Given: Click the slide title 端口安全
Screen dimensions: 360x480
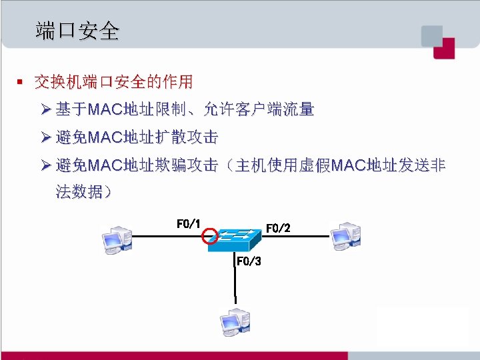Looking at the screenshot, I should [x=77, y=31].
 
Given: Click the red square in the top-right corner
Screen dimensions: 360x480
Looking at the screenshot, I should [x=444, y=49].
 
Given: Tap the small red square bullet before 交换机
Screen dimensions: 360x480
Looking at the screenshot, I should [x=20, y=83].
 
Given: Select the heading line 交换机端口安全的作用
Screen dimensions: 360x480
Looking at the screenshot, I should [x=113, y=83].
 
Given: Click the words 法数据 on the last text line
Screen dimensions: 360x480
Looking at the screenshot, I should [x=79, y=193].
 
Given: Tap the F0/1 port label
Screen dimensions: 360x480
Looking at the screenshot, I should [x=189, y=223].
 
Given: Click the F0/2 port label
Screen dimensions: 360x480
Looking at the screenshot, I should [x=278, y=228].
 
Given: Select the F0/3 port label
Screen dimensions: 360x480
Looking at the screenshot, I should [x=249, y=261].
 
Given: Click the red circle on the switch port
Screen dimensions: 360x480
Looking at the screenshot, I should [x=209, y=235].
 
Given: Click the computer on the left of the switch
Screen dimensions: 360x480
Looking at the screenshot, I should [x=116, y=239].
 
